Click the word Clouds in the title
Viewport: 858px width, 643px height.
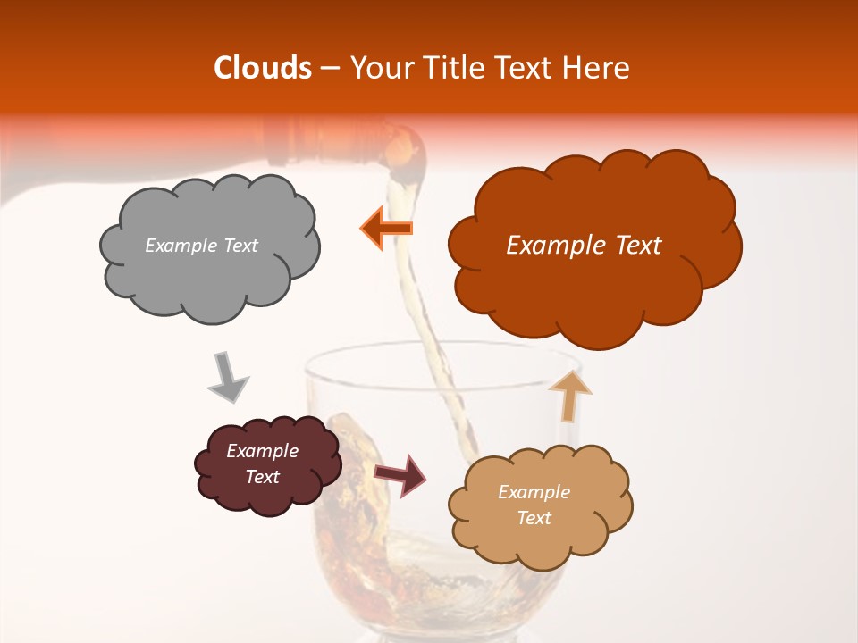[262, 68]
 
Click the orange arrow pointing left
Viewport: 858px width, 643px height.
[386, 228]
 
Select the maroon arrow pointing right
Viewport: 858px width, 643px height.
[400, 474]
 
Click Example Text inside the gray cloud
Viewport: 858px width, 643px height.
[201, 246]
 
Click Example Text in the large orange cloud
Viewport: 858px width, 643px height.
[584, 246]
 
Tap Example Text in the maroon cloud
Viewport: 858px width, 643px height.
[263, 463]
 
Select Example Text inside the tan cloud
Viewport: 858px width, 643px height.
[534, 505]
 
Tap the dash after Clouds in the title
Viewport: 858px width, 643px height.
[329, 68]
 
